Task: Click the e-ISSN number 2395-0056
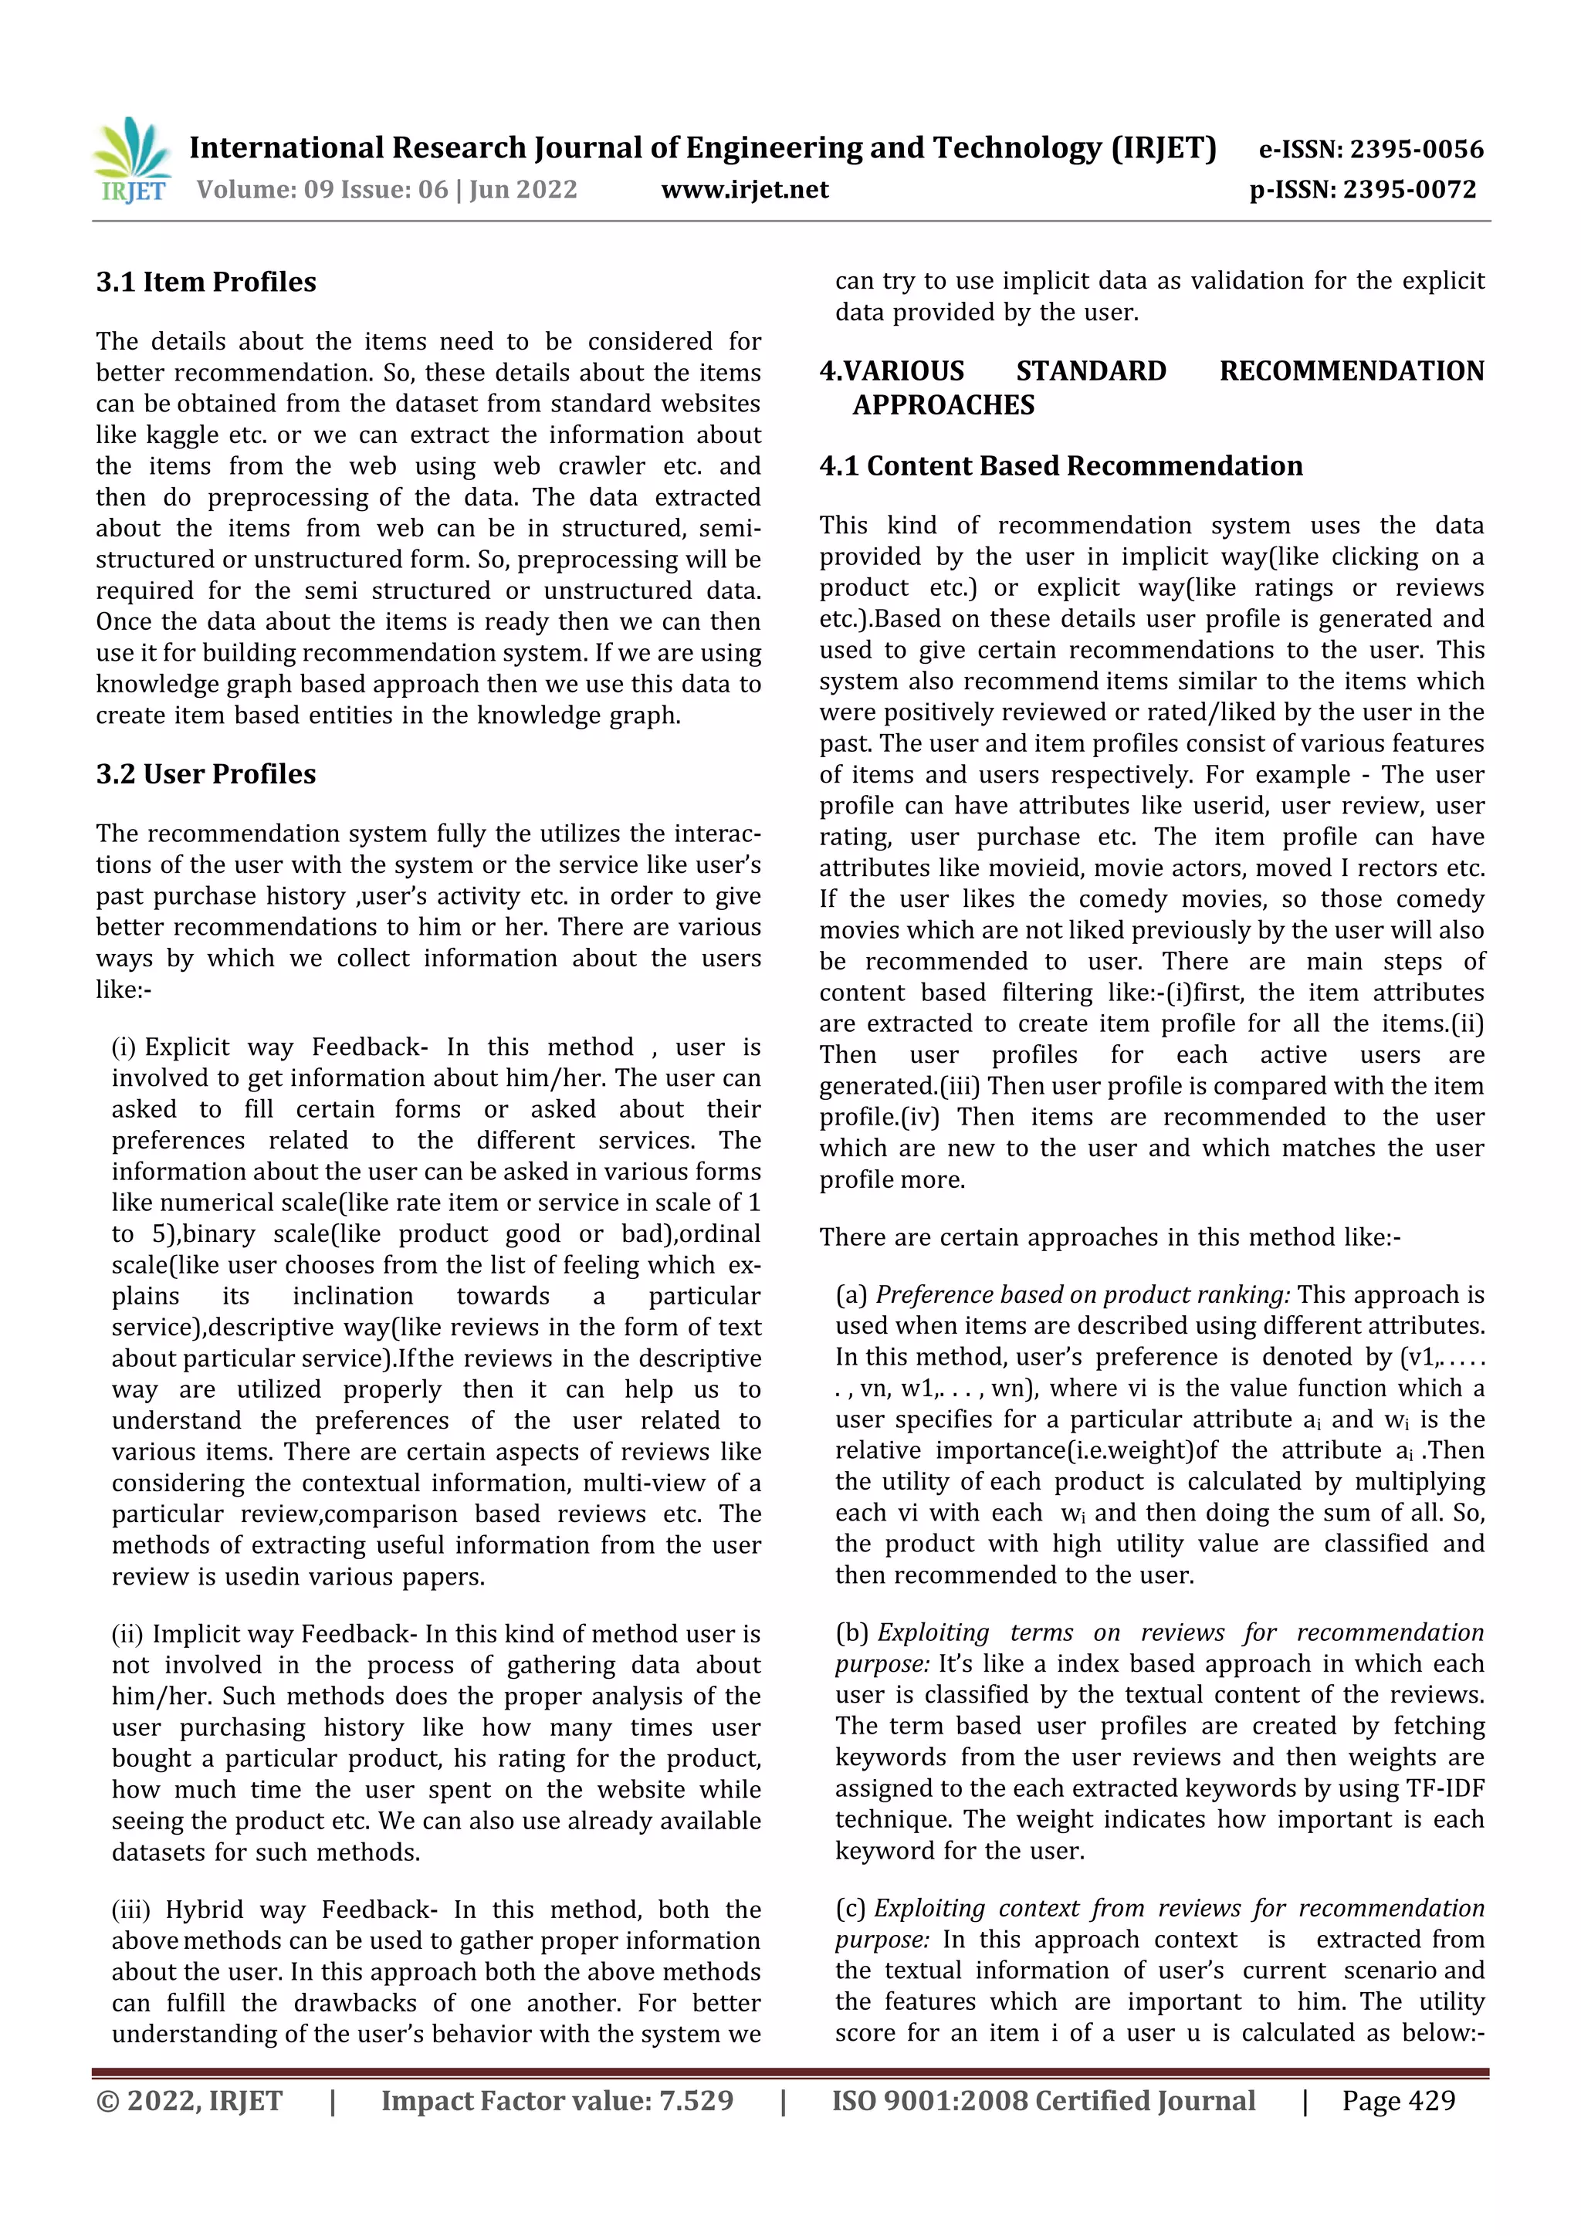1415,149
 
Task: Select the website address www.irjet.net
744,189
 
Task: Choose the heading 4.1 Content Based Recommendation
1061,465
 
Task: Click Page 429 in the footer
1398,2101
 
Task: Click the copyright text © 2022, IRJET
189,2101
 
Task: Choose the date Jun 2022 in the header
523,189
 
